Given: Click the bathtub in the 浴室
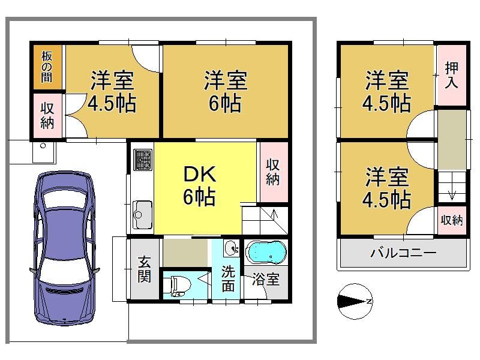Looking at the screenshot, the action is [x=266, y=252].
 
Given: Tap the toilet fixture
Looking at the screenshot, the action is [x=178, y=286].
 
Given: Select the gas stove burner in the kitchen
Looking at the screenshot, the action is [x=142, y=160].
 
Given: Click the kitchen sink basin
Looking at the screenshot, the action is [x=142, y=215].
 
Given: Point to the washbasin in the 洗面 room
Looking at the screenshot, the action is [x=232, y=248].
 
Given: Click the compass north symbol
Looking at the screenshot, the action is [x=355, y=301].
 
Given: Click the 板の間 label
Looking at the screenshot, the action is [x=47, y=67].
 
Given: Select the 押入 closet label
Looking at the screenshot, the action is [x=452, y=75].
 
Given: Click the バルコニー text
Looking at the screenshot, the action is [x=403, y=253].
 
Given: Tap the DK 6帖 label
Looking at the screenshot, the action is [x=200, y=185].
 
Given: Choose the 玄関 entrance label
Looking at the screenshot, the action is [x=144, y=269].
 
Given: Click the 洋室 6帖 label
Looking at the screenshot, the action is [x=226, y=91].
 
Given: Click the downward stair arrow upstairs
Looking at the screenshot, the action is [x=452, y=194].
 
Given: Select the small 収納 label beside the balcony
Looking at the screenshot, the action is [x=452, y=220].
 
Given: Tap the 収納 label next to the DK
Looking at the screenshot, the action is [x=272, y=172].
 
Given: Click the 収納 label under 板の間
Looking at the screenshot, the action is [x=47, y=116].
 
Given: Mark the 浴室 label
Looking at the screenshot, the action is [x=266, y=279].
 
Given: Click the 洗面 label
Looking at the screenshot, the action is [x=228, y=278].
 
